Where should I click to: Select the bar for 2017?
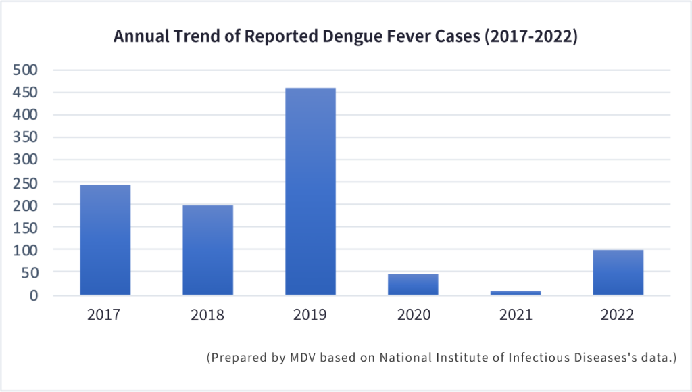(105, 240)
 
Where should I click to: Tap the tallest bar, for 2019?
(310, 191)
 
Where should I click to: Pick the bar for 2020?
(413, 285)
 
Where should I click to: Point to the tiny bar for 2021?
(516, 293)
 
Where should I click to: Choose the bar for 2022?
(618, 272)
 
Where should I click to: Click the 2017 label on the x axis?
(105, 315)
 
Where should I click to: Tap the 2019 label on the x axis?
(310, 315)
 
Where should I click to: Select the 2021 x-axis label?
(516, 315)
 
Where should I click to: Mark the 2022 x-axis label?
(618, 315)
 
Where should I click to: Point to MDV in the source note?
(301, 358)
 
